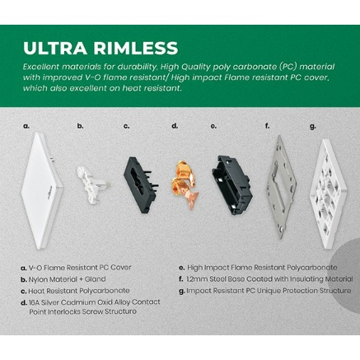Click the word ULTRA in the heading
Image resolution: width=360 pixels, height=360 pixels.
click(55, 48)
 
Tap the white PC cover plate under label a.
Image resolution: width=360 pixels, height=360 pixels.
click(43, 190)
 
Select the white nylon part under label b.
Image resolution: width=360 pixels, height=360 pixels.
click(90, 185)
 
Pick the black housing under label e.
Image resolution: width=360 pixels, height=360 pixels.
click(232, 185)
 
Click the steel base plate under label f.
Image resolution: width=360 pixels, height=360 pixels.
click(282, 187)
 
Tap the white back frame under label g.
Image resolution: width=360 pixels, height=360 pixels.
click(328, 193)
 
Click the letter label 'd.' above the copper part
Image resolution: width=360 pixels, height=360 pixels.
click(175, 126)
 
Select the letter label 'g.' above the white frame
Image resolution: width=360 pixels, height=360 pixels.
click(312, 126)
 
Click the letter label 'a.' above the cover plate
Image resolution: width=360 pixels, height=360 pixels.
click(26, 126)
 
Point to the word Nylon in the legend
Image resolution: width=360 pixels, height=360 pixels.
click(37, 279)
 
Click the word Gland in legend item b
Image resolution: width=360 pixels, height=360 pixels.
click(95, 279)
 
